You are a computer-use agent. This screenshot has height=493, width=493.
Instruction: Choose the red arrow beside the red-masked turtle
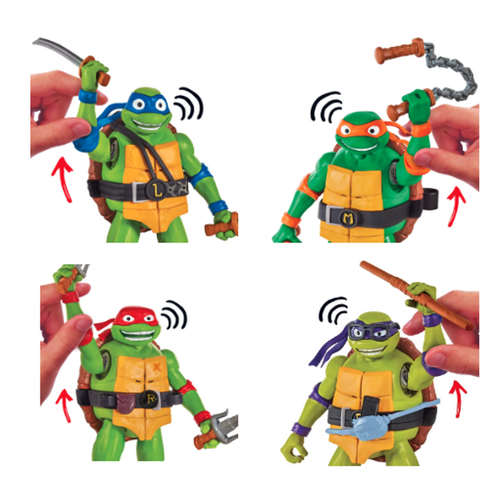(63, 403)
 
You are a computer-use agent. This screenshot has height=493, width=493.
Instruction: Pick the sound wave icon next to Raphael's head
(173, 315)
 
